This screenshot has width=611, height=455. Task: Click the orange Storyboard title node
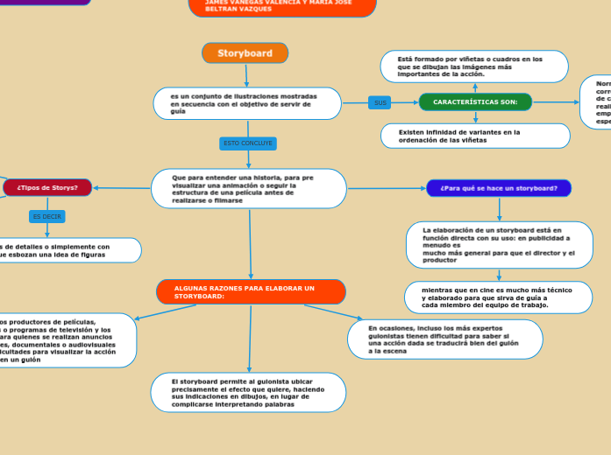245,53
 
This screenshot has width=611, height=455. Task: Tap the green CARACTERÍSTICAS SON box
475,102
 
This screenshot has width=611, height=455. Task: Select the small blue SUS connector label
380,102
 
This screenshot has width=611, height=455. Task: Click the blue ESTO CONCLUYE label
248,143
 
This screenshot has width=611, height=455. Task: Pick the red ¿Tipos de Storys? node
47,187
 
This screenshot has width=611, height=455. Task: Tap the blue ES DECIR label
46,216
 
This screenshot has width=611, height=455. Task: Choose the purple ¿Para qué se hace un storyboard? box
499,188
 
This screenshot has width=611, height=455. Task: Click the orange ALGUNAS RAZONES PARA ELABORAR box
251,292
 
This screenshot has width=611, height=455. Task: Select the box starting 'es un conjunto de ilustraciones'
247,103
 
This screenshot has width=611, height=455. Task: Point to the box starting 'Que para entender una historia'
249,189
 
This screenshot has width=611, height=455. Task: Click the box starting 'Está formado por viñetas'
474,66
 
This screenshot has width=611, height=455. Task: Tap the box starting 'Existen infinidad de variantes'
475,136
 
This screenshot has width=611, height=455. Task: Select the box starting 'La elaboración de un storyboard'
500,245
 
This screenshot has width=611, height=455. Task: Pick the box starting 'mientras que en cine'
498,297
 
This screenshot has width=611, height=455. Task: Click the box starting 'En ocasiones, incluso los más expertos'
445,339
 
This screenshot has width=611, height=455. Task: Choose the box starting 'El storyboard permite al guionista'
248,393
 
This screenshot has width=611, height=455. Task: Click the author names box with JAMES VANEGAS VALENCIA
281,6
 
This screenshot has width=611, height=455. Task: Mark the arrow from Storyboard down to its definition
246,76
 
